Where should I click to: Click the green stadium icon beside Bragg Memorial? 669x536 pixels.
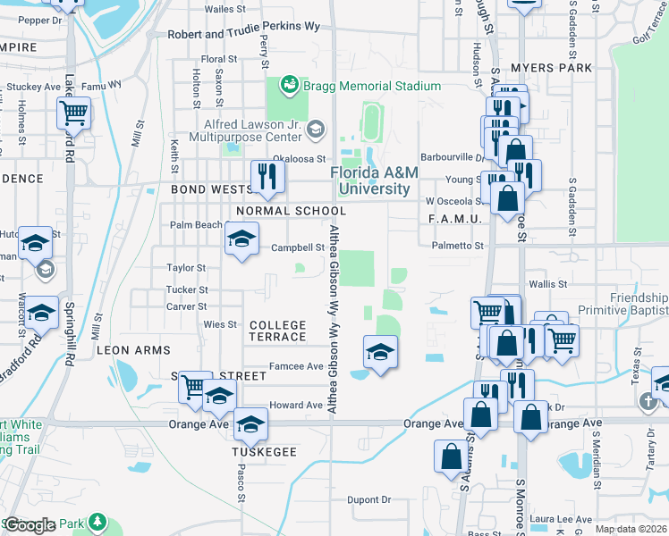(289, 85)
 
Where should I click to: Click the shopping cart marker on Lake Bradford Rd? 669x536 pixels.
(72, 113)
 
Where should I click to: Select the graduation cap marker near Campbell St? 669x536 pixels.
(241, 239)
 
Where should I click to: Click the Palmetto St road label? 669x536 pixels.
(457, 245)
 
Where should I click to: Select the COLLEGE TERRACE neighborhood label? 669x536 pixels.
(277, 331)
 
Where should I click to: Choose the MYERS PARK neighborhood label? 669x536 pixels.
(552, 68)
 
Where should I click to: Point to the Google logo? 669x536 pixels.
(30, 525)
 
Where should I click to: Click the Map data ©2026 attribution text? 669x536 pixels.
(631, 529)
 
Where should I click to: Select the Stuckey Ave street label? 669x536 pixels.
(35, 87)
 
